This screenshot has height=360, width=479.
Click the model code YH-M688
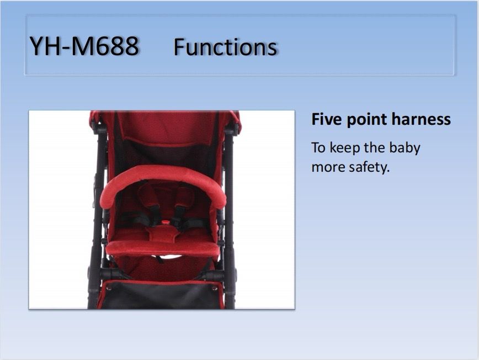84,46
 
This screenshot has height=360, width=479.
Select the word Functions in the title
226,47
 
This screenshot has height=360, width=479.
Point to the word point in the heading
366,119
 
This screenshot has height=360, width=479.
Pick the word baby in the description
405,148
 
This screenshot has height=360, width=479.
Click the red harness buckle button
166,222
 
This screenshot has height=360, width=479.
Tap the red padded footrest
163,248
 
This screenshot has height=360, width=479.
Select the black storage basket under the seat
161,295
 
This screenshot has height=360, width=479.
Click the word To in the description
318,148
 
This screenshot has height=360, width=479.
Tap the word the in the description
375,147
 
